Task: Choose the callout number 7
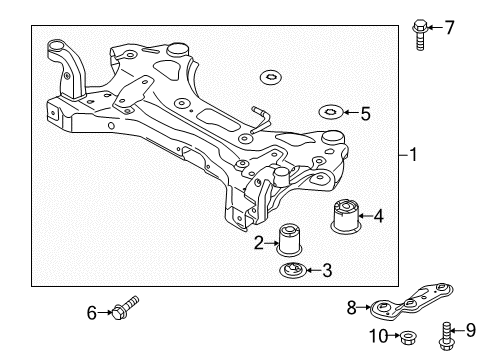(449, 27)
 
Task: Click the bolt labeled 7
(417, 32)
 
